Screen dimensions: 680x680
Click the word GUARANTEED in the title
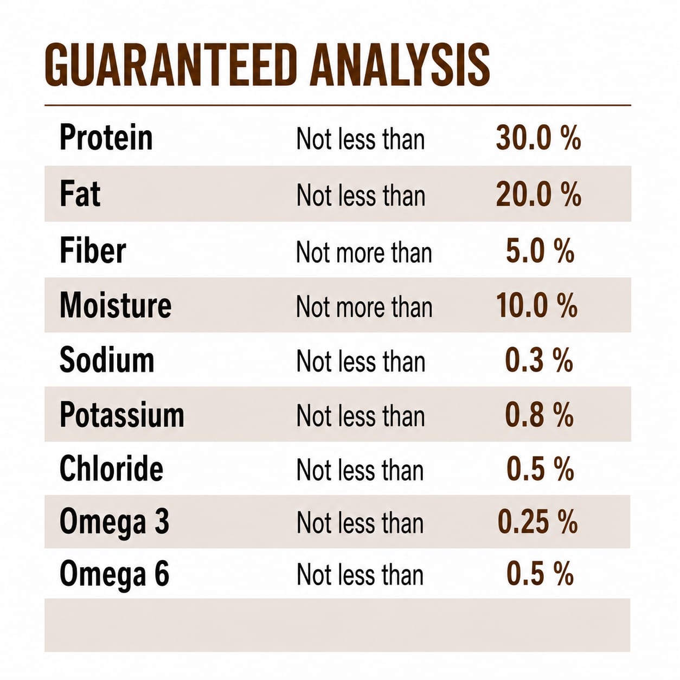pos(170,65)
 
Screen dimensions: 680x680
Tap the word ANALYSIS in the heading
pos(400,65)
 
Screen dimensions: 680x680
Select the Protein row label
pos(106,138)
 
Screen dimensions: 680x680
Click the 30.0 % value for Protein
pos(538,138)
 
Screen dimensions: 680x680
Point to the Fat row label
pos(80,194)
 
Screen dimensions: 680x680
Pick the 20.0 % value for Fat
pos(538,194)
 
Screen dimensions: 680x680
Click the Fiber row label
pos(93,251)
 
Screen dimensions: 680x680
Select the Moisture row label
pos(116,305)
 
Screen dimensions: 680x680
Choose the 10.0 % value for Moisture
pos(537,306)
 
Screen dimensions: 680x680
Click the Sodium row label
pos(107,360)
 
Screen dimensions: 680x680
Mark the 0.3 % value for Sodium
pos(539,360)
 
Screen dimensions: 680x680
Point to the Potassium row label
pos(122,415)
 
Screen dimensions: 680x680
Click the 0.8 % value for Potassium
pos(540,415)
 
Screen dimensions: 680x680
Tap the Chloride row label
pos(112,469)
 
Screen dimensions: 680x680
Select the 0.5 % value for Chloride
pos(540,469)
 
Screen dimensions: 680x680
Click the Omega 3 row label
pos(114,522)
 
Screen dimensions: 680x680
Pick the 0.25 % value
pos(537,522)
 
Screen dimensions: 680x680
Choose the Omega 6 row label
pos(114,575)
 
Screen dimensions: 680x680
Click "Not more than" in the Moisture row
pos(364,307)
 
